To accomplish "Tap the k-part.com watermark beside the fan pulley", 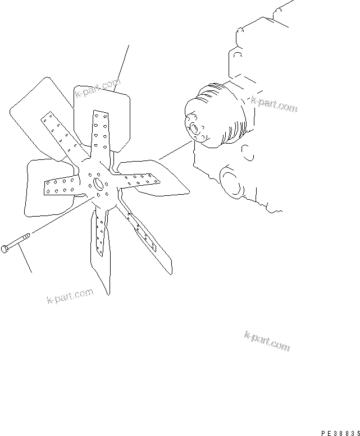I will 274,104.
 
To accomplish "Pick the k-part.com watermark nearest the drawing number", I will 267,340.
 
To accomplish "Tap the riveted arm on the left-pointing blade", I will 62,186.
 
